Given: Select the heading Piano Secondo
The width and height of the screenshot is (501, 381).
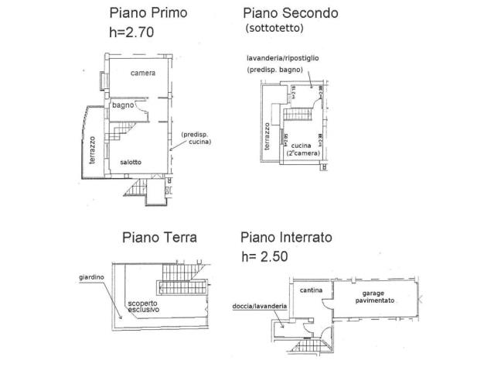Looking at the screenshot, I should click(290, 12).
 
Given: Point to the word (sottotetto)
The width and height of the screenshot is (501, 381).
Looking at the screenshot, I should click(274, 29).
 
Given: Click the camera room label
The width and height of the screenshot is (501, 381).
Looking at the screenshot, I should click(142, 74).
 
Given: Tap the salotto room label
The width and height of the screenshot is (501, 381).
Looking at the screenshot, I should click(130, 162).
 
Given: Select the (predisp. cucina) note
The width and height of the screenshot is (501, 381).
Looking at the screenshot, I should click(196, 139).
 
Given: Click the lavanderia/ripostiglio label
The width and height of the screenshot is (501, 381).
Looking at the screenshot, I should click(288, 58).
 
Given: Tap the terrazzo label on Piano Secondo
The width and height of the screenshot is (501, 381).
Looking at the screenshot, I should click(266, 137).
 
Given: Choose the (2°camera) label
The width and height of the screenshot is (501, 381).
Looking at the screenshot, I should click(303, 153).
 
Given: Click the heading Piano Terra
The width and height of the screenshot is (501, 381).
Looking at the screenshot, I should click(158, 237).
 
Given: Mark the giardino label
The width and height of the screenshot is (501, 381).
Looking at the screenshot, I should click(91, 276).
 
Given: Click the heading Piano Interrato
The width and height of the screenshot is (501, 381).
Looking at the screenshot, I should click(285, 237).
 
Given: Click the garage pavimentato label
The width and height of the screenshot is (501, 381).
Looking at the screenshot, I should click(377, 296).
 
